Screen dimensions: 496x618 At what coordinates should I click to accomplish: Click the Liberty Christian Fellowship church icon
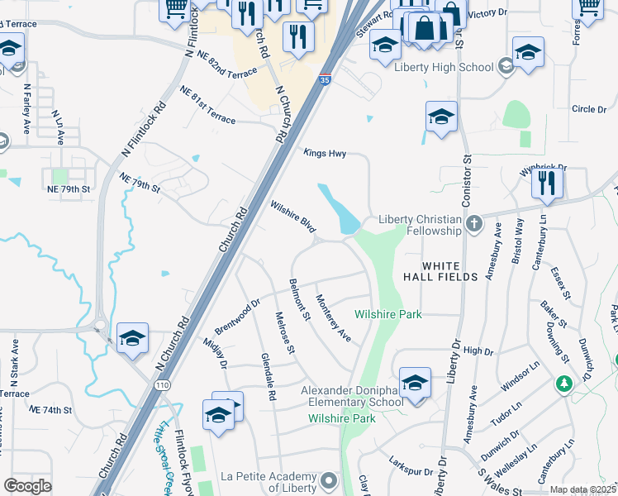(474, 223)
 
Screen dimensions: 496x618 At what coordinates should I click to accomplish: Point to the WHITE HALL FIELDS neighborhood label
(440, 271)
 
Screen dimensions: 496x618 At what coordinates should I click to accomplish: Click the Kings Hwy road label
(324, 153)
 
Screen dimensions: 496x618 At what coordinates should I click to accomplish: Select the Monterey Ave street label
(334, 318)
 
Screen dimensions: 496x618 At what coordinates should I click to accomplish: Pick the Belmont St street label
(299, 300)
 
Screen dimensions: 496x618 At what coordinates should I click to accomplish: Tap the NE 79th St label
(69, 189)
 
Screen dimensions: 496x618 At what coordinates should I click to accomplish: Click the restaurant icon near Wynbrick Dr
(545, 182)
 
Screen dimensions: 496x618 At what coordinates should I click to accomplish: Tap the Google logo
(28, 486)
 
